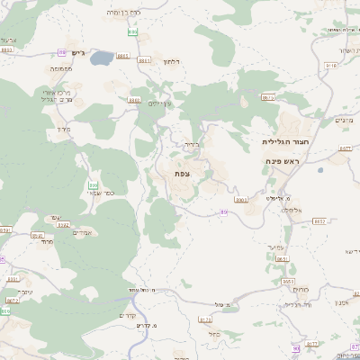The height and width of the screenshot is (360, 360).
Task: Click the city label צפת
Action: [x=182, y=174]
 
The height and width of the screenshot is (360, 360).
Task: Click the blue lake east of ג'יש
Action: [x=101, y=58]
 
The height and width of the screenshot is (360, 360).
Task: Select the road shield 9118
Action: [x=330, y=66]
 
